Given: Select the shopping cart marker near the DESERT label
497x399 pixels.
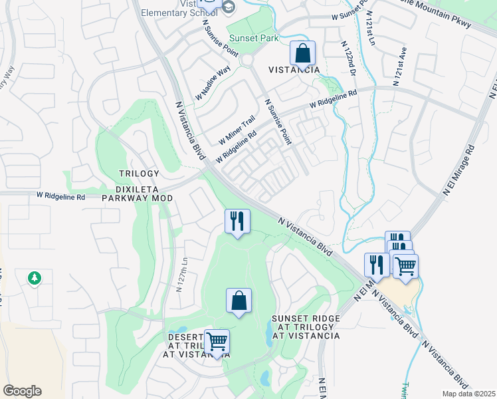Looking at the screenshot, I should coord(217,342).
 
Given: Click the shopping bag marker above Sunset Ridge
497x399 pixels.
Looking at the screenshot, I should coord(239,301).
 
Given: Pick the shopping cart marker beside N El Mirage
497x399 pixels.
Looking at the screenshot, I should coord(405,266).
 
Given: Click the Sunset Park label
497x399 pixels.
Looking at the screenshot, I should coord(253,39).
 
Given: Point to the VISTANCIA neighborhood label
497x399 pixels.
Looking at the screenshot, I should coord(294,70).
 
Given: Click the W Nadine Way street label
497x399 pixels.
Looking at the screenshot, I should coord(213,83).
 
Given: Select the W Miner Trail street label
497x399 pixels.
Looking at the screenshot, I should coord(237,130).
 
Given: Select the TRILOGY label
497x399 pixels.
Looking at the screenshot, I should coord(140,174).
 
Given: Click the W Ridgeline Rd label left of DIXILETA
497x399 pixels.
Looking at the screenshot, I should coord(60,197).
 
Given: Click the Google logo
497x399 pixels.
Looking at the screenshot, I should coord(22,391).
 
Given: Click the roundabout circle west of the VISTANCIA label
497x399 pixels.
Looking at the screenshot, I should coord(248,61).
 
